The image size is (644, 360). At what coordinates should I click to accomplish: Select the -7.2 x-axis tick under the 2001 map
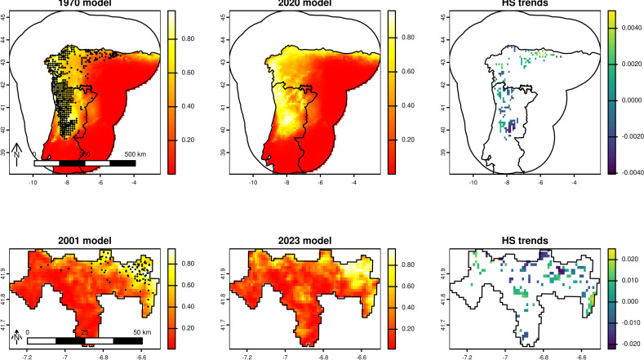coord(28,357)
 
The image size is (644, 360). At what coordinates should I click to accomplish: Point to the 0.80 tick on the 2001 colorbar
coord(186,264)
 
